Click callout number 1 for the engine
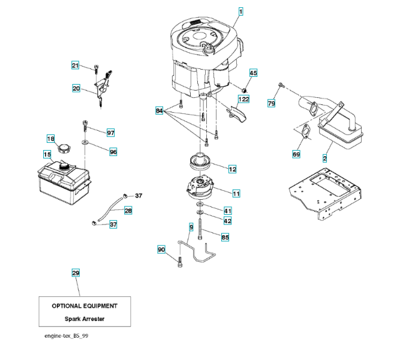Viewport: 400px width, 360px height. click(x=240, y=11)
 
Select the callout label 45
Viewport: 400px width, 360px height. click(x=253, y=73)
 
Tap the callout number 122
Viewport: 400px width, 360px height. click(x=243, y=99)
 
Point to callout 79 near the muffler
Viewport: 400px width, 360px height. click(x=271, y=104)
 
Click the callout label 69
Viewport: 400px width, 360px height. click(x=296, y=154)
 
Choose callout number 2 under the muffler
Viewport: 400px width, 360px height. click(x=324, y=159)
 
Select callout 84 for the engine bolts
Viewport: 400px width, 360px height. click(x=159, y=111)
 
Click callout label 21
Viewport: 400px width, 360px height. click(x=75, y=65)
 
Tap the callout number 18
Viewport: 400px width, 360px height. click(x=50, y=138)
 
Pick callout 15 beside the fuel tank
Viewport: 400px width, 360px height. click(x=46, y=154)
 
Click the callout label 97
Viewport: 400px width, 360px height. click(x=110, y=132)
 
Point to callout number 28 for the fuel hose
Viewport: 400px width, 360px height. click(x=128, y=211)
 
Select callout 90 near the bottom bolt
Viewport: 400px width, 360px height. click(x=161, y=249)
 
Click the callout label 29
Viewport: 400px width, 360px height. click(x=75, y=274)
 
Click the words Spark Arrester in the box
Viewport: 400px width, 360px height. click(x=84, y=319)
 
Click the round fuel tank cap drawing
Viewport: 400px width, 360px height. click(x=64, y=147)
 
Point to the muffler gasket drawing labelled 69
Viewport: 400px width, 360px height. click(x=305, y=131)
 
